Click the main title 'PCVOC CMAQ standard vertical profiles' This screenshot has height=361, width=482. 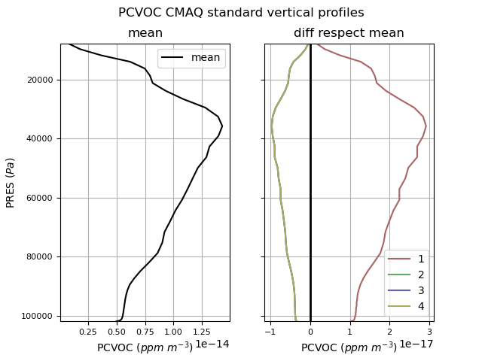pyautogui.click(x=241, y=13)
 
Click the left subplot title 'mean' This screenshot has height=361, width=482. pyautogui.click(x=145, y=33)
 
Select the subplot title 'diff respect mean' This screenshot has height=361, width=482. pyautogui.click(x=349, y=33)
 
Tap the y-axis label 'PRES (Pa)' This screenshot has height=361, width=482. pyautogui.click(x=11, y=183)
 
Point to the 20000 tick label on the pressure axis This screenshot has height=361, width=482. pyautogui.click(x=39, y=80)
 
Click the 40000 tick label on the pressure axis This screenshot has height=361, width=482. pyautogui.click(x=39, y=139)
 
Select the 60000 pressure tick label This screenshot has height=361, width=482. pyautogui.click(x=39, y=198)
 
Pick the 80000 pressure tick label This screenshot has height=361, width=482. pyautogui.click(x=39, y=257)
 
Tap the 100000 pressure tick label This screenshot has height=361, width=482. pyautogui.click(x=37, y=316)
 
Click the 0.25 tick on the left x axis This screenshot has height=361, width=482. pyautogui.click(x=88, y=332)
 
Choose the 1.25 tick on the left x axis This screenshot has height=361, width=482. pyautogui.click(x=202, y=332)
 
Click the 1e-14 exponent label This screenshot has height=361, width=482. pyautogui.click(x=212, y=344)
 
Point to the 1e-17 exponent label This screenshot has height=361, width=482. pyautogui.click(x=416, y=344)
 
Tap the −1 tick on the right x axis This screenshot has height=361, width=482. pyautogui.click(x=270, y=332)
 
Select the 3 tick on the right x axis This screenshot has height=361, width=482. pyautogui.click(x=429, y=332)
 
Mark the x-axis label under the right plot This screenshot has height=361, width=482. pyautogui.click(x=349, y=347)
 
